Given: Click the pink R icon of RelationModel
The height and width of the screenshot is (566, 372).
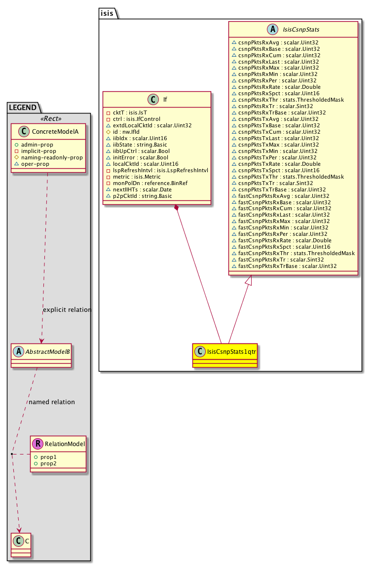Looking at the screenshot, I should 38,444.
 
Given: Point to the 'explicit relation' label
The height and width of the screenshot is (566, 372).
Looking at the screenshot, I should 67,310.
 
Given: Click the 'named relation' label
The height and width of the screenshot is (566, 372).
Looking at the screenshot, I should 52,402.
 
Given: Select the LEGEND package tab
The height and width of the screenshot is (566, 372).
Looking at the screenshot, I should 19,107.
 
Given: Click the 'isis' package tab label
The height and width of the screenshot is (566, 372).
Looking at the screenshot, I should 109,13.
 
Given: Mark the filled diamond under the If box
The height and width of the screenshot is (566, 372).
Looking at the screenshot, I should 176,209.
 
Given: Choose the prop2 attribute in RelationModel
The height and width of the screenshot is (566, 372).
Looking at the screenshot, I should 48,464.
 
